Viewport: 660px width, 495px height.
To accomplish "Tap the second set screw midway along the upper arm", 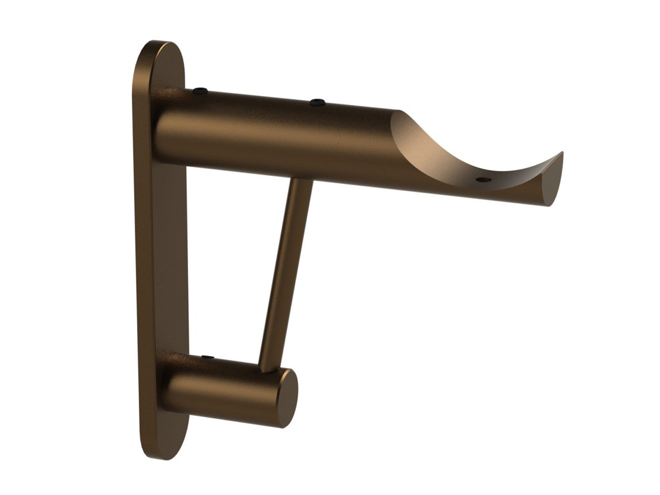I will pyautogui.click(x=317, y=102).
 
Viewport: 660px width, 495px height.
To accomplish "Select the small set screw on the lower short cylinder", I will pyautogui.click(x=206, y=358).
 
